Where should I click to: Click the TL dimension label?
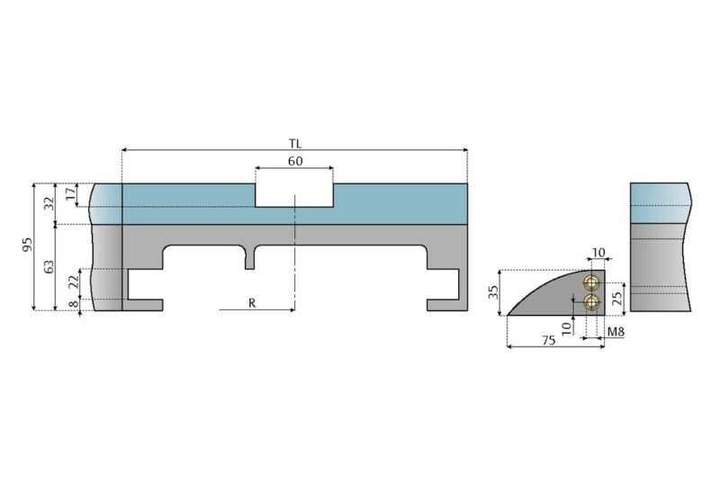294,143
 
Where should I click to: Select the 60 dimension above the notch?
294,161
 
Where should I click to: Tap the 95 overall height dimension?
28,246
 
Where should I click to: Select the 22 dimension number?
73,283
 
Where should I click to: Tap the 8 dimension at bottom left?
73,306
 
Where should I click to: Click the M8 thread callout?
616,333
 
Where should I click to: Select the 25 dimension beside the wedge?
617,299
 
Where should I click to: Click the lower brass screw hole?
590,302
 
